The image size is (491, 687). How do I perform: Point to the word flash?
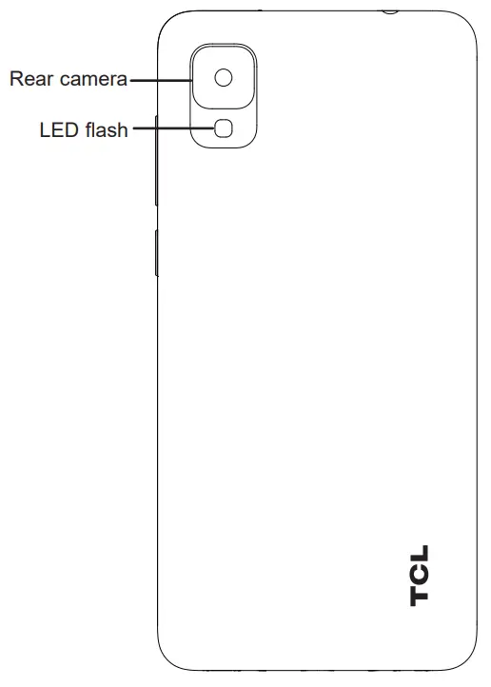[x=106, y=130]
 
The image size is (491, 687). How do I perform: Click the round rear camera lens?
[x=224, y=78]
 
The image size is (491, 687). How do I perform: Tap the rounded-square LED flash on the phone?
[x=224, y=128]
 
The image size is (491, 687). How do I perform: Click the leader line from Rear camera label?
[x=160, y=80]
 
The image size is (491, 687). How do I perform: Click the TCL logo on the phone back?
[x=420, y=575]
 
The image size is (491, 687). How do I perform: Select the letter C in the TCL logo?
[x=420, y=575]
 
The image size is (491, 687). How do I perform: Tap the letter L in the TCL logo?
[x=420, y=555]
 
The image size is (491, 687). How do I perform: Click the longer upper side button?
[x=154, y=162]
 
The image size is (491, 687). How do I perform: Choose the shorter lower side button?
[x=154, y=251]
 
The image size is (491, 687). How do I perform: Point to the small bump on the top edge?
[x=389, y=10]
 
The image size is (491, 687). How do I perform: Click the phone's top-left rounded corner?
[x=166, y=21]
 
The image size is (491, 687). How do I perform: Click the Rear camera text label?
[x=68, y=80]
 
